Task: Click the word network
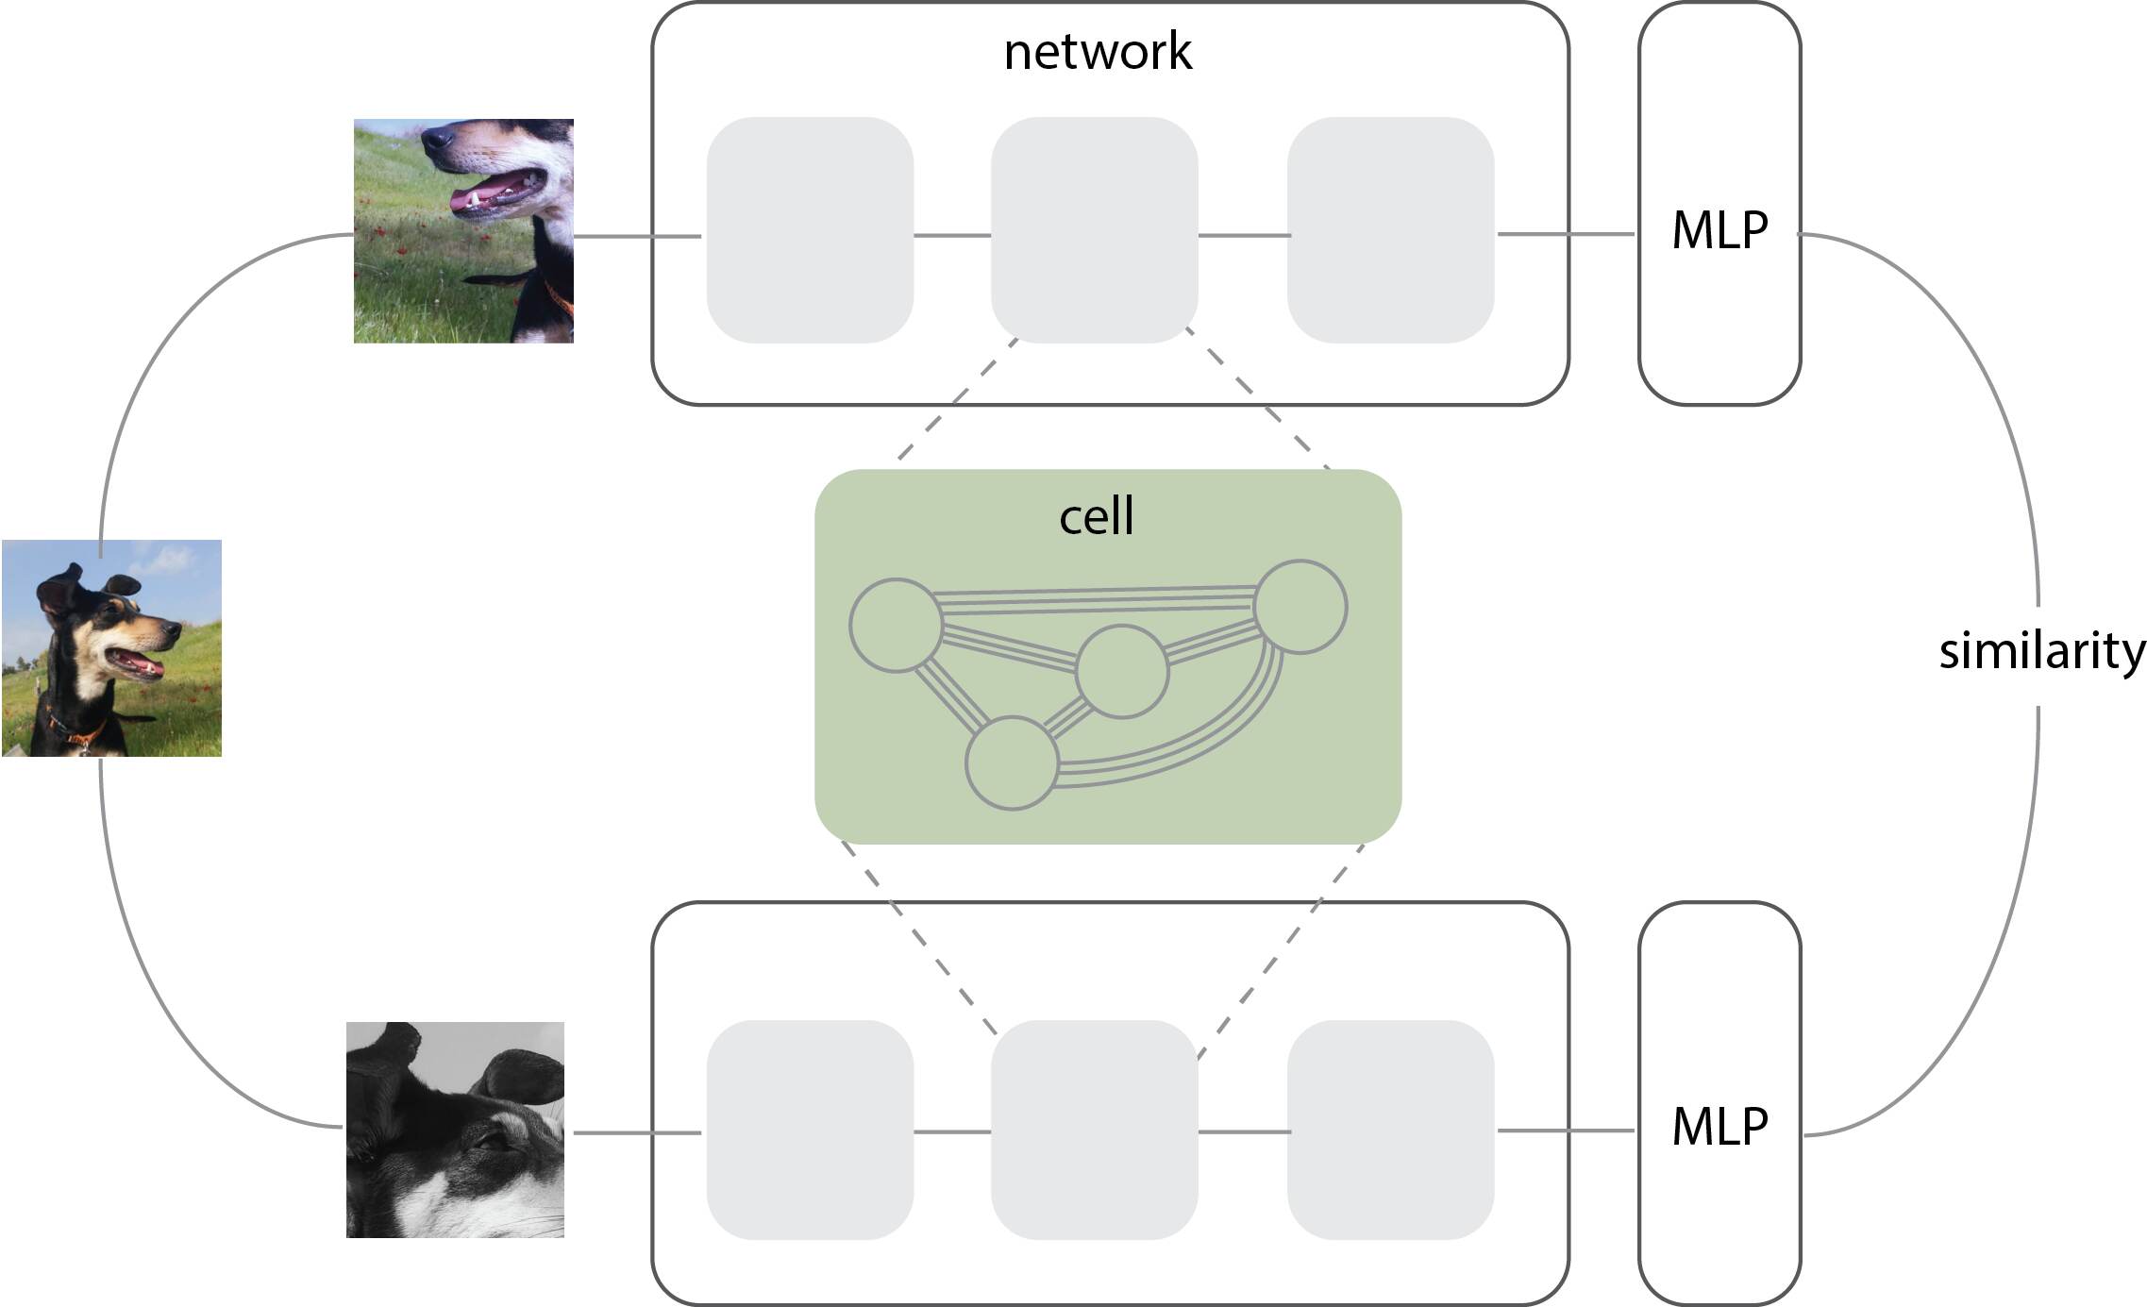tap(1098, 52)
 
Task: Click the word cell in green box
tap(1096, 517)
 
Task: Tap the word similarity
tap(2041, 651)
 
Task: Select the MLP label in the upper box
tap(1719, 230)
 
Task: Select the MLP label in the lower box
tap(1719, 1127)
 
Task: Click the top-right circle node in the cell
tap(1300, 607)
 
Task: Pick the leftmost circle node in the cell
tap(896, 625)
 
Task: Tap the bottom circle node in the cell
tap(1012, 762)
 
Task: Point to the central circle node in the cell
tap(1122, 671)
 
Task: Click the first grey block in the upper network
tap(810, 229)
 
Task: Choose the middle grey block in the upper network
tap(1095, 229)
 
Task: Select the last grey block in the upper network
tap(1390, 229)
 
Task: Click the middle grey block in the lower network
tap(1095, 1130)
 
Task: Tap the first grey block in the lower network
tap(810, 1130)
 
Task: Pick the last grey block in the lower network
tap(1390, 1130)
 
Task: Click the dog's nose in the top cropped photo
tap(436, 139)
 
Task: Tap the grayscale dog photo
tap(455, 1130)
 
